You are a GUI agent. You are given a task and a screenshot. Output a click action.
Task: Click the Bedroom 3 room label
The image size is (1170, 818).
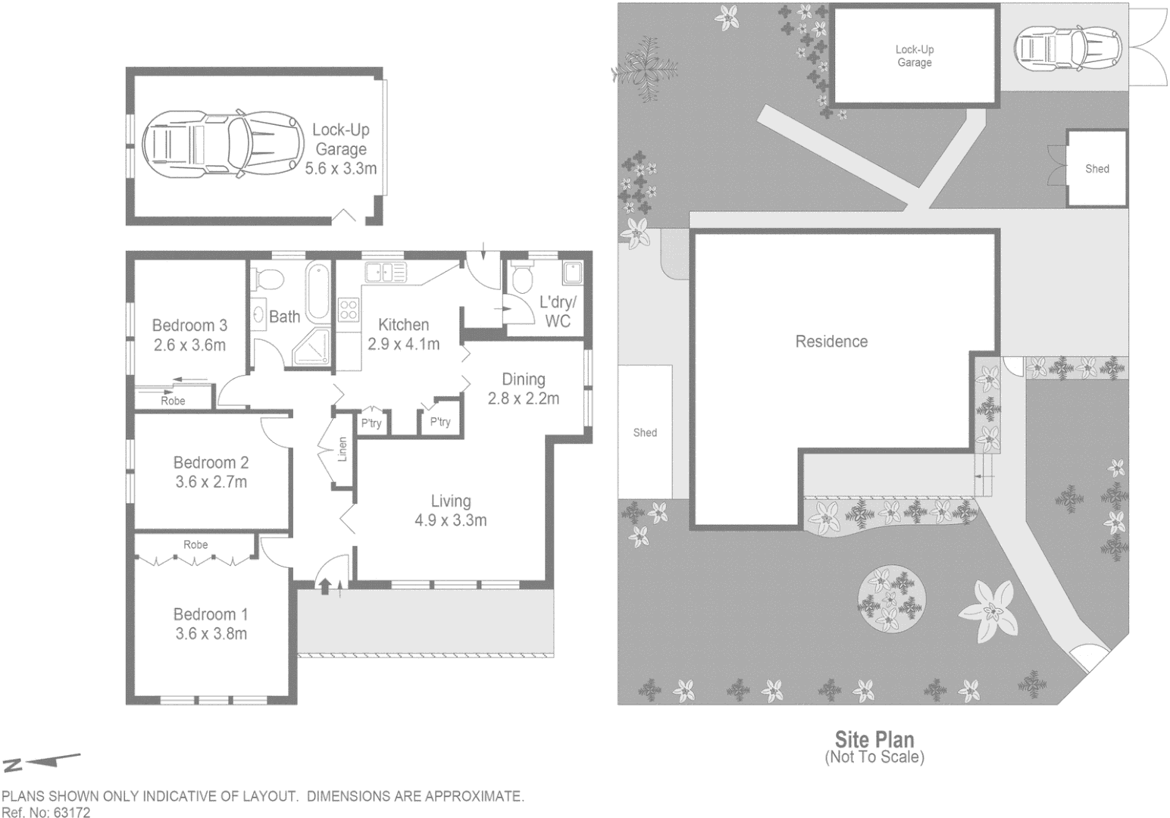(x=189, y=326)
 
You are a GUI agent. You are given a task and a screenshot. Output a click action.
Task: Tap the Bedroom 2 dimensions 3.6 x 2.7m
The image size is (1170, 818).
(x=211, y=482)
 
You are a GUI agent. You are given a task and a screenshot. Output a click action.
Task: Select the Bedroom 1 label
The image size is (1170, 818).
(x=211, y=614)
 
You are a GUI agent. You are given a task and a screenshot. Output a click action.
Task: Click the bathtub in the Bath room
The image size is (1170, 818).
(x=318, y=292)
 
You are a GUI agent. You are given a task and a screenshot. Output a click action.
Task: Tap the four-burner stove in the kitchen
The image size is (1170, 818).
(x=348, y=311)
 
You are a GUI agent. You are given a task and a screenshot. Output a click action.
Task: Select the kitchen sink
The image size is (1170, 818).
(x=384, y=272)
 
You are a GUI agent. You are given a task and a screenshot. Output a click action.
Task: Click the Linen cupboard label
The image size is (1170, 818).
(x=343, y=449)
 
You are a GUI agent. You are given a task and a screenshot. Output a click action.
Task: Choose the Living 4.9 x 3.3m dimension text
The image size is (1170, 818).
(x=451, y=520)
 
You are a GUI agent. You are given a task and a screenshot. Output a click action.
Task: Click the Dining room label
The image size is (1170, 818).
(x=524, y=379)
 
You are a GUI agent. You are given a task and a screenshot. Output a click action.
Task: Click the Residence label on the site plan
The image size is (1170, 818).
(x=831, y=342)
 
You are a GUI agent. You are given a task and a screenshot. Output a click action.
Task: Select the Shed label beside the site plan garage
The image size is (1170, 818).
(x=1096, y=169)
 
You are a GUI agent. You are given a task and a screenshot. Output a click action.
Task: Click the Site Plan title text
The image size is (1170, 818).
(x=874, y=739)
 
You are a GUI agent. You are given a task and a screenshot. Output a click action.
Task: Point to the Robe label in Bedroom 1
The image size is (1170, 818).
(x=196, y=545)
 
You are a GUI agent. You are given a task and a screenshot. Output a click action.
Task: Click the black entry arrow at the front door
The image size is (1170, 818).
(x=325, y=585)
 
